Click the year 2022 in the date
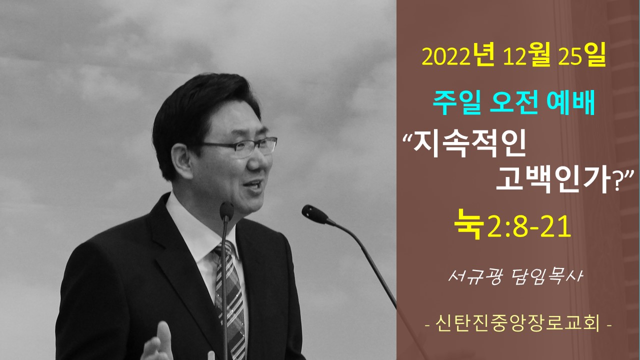(x=446, y=57)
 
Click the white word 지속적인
(x=469, y=145)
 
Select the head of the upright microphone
(x=226, y=211)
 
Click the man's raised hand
(x=156, y=343)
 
